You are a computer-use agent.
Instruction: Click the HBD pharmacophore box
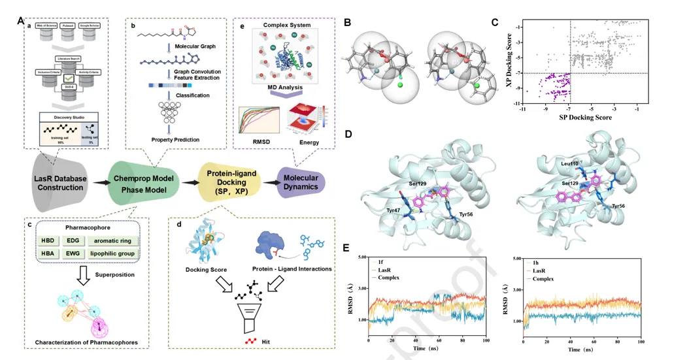tap(47, 240)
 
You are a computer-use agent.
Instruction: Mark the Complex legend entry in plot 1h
tap(546, 279)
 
